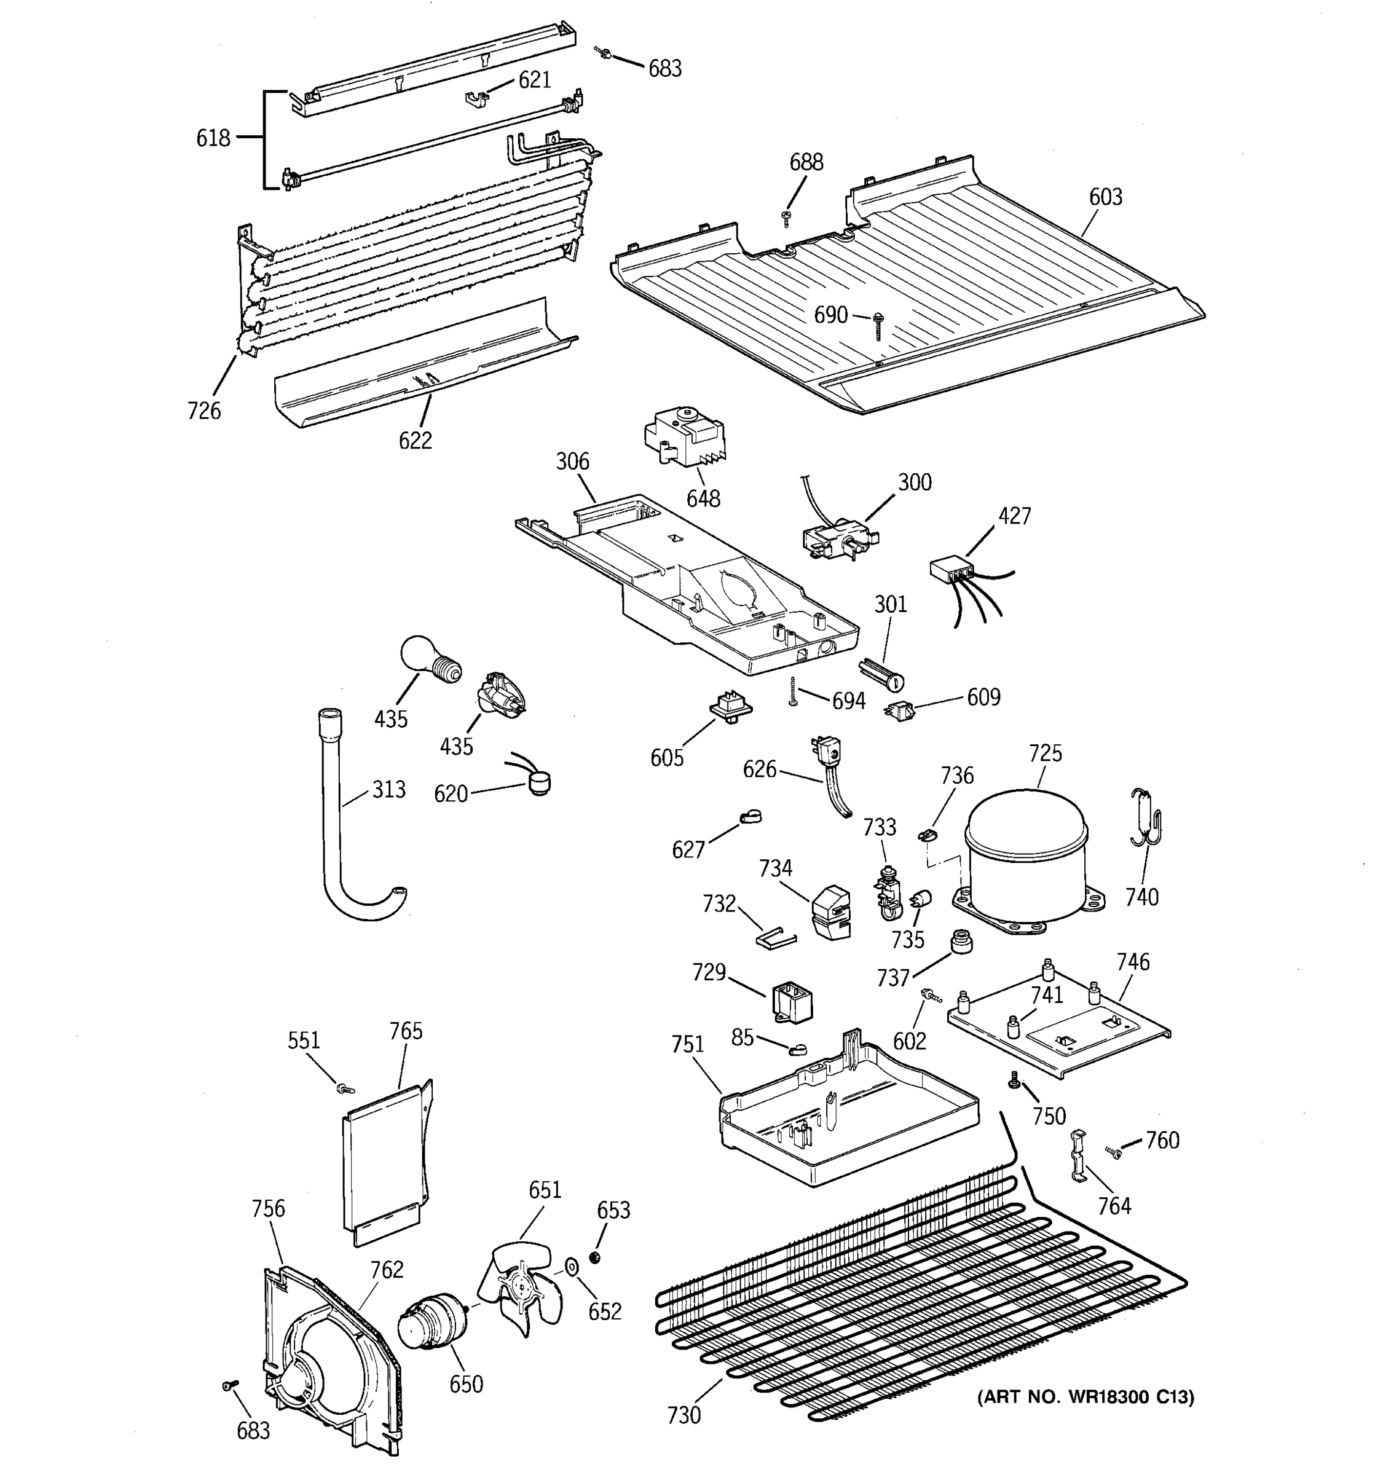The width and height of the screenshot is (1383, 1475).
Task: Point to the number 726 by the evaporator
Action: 204,411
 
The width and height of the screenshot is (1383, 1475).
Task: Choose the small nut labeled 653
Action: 594,1257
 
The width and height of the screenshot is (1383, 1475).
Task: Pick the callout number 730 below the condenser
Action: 684,1415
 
